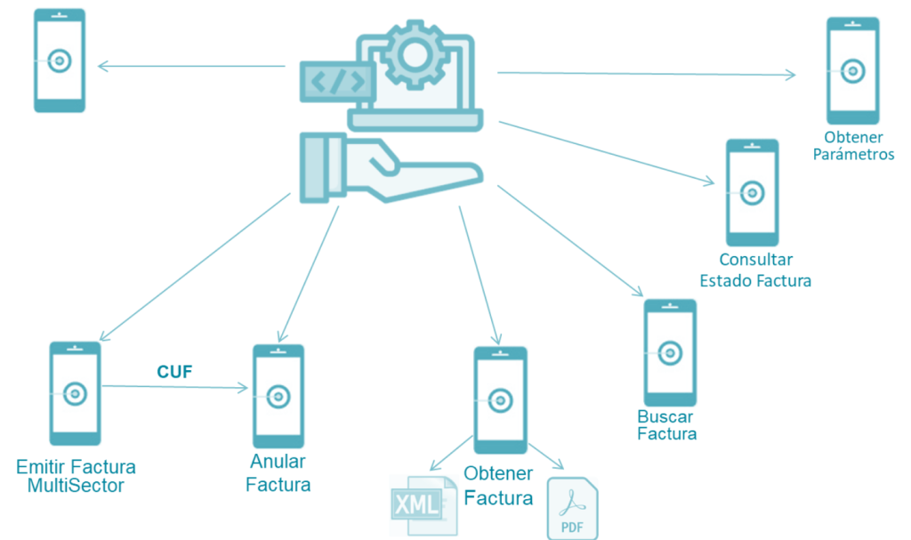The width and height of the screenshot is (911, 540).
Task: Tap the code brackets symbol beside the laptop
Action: [x=335, y=82]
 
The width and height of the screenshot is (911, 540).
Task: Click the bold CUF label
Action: [x=174, y=372]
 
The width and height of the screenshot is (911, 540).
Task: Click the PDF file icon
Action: [x=572, y=510]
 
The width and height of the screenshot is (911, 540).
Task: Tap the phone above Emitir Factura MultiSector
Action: [x=76, y=393]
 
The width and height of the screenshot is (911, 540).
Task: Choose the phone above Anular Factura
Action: [x=278, y=395]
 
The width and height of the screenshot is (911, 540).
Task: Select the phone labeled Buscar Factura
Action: [x=670, y=352]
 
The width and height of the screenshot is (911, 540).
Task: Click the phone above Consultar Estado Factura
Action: [x=753, y=192]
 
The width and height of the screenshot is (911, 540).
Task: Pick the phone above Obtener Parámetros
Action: [x=852, y=70]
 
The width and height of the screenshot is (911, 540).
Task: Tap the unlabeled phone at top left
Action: [x=60, y=60]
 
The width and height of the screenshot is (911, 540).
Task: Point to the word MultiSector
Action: [x=76, y=486]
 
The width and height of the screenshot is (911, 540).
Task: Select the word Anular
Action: [x=278, y=462]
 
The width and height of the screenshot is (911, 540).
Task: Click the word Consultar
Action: [x=755, y=261]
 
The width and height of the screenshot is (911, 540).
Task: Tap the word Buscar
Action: [x=665, y=416]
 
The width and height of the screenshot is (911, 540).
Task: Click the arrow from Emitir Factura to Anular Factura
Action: [x=174, y=387]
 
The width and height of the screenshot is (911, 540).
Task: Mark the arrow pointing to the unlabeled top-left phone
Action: [x=191, y=65]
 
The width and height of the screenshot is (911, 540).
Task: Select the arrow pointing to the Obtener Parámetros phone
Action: [x=646, y=74]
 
